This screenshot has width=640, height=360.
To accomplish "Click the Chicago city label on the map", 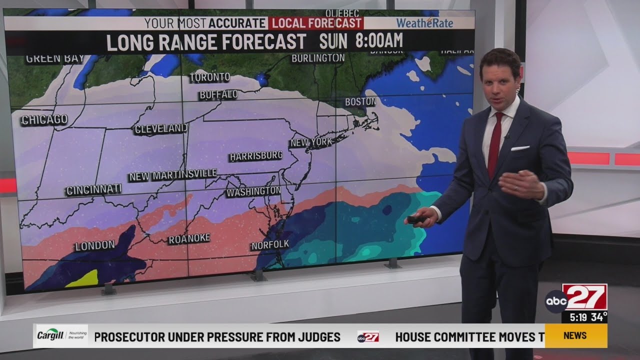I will pyautogui.click(x=44, y=119).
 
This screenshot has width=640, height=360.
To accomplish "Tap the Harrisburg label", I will pyautogui.click(x=256, y=156).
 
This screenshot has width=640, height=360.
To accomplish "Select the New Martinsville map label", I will pyautogui.click(x=172, y=175).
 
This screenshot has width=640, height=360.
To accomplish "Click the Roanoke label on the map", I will pyautogui.click(x=188, y=239).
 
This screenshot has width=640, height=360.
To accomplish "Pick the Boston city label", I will pyautogui.click(x=360, y=102).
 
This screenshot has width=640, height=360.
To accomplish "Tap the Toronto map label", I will pyautogui.click(x=209, y=77).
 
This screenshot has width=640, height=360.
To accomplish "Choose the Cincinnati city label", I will pyautogui.click(x=93, y=190).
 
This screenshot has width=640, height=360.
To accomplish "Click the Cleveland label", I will pyautogui.click(x=161, y=129).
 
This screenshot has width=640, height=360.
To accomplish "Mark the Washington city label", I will pyautogui.click(x=253, y=191).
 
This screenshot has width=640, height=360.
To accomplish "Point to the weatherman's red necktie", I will pyautogui.click(x=494, y=145).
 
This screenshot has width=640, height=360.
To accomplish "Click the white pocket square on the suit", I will pyautogui.click(x=520, y=148).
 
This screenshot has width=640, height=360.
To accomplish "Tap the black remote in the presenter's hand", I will pyautogui.click(x=415, y=219).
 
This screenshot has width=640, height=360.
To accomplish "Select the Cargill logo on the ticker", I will pyautogui.click(x=60, y=336).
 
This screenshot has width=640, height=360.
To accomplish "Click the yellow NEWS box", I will pyautogui.click(x=575, y=335).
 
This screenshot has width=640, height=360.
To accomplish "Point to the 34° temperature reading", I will pyautogui.click(x=598, y=317).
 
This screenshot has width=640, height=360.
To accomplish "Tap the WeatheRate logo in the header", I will pyautogui.click(x=424, y=23).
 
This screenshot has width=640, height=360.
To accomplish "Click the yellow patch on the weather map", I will pyautogui.click(x=81, y=278).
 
